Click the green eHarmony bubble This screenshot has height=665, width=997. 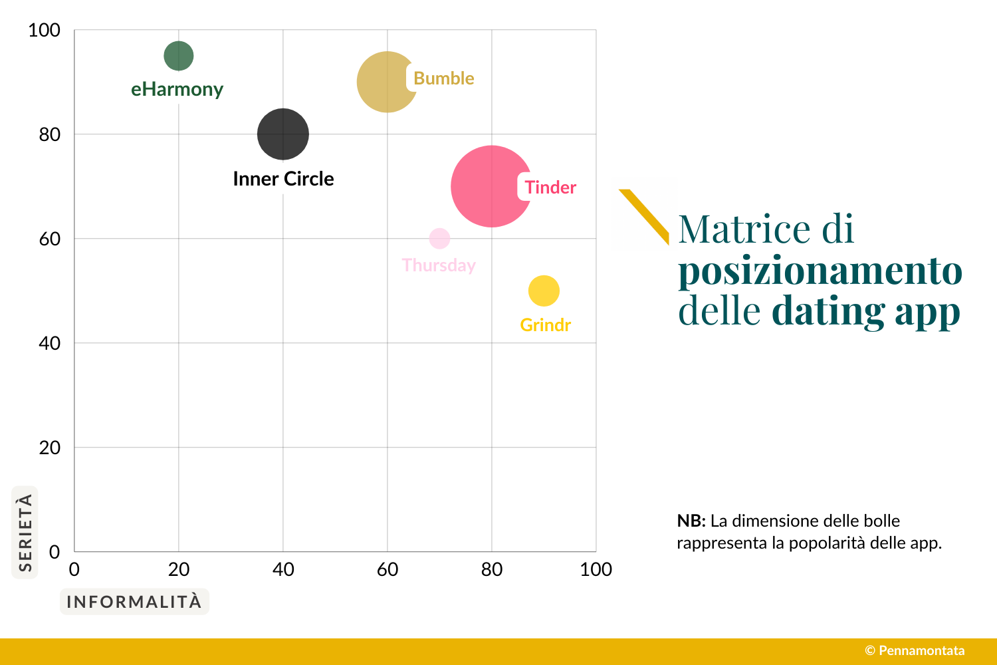point(179,56)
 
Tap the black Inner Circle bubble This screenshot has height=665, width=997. point(283,134)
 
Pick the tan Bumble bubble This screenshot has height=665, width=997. point(386,82)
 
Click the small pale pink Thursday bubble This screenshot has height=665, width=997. point(439,238)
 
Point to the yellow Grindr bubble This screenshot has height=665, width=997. point(544,291)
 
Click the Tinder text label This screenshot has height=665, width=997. point(550,188)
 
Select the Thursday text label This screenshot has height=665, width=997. point(439,265)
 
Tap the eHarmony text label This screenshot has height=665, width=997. point(177,89)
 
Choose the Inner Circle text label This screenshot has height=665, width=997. point(283,179)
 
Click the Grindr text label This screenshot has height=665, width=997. point(545,325)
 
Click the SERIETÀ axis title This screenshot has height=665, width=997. point(25,532)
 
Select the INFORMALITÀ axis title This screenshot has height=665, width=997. point(134,602)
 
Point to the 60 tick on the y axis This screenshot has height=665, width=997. point(50,239)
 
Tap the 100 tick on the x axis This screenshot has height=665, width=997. point(596,570)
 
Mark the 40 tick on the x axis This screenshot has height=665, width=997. point(283,570)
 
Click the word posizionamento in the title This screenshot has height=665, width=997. point(820,271)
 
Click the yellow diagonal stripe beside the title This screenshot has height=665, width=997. point(643,217)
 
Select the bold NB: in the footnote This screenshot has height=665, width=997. point(691,521)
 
